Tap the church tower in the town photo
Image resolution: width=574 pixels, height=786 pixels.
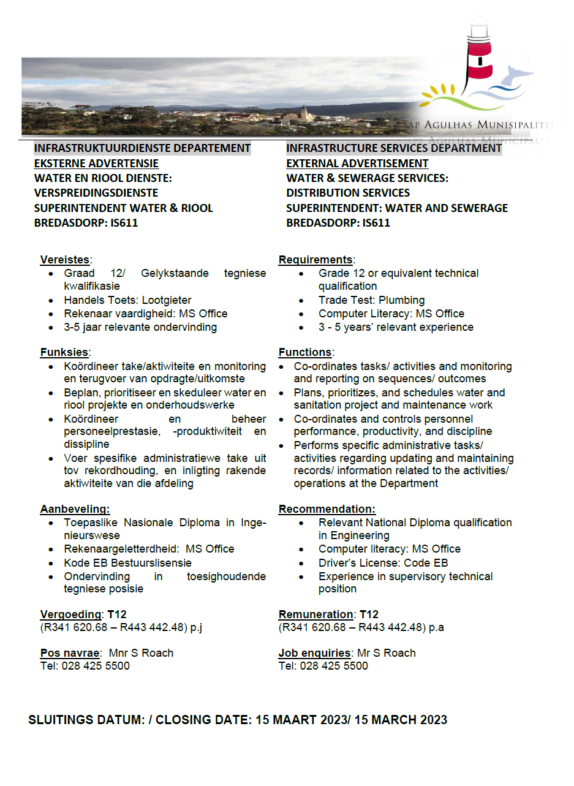304,113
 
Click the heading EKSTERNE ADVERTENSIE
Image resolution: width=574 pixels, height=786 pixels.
96,164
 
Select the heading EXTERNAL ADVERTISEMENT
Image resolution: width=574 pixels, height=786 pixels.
357,164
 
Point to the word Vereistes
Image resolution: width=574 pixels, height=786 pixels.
64,259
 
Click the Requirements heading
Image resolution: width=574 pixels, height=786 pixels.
315,260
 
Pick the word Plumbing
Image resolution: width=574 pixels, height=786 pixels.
401,300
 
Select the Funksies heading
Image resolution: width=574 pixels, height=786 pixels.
64,352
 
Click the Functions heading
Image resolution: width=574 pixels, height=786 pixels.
305,352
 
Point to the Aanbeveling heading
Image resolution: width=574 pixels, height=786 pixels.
75,509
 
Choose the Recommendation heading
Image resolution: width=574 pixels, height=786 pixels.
327,509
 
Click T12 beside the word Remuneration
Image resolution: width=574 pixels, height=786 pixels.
369,614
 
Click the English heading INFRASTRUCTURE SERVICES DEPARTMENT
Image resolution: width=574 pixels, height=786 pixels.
394,148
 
